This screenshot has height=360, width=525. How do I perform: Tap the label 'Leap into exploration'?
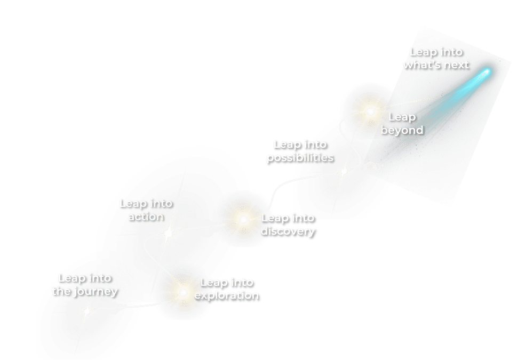click(x=226, y=289)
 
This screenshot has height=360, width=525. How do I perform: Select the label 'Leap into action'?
click(x=146, y=210)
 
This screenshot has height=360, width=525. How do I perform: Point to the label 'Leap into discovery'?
click(x=288, y=225)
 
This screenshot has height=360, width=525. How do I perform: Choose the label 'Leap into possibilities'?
click(x=300, y=151)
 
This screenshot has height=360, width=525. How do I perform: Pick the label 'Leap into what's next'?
click(x=436, y=58)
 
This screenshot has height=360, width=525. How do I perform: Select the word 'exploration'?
click(x=226, y=295)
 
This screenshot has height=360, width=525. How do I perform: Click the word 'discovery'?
click(x=288, y=231)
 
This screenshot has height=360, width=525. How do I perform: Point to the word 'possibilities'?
click(x=300, y=157)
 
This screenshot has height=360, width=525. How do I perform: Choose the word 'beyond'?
click(x=402, y=130)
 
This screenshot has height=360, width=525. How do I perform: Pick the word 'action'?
click(x=146, y=217)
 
